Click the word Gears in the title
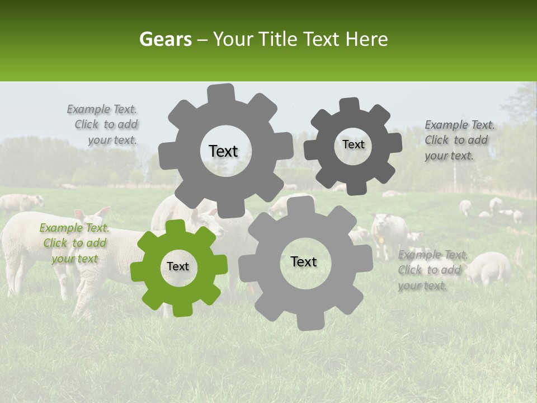pyautogui.click(x=165, y=39)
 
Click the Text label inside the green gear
pyautogui.click(x=178, y=266)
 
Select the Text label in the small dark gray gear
pyautogui.click(x=353, y=144)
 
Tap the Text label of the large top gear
pyautogui.click(x=223, y=151)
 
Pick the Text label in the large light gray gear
pyautogui.click(x=304, y=261)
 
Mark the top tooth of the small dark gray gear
pyautogui.click(x=350, y=104)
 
